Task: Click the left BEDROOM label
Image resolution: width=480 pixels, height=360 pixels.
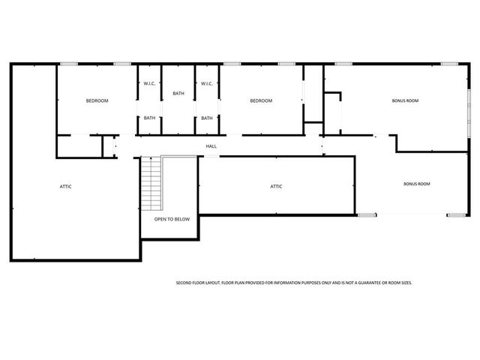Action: pos(97,100)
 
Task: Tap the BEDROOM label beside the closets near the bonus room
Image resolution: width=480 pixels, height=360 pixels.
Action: pos(260,100)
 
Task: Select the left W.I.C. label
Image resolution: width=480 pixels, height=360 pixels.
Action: pos(149,83)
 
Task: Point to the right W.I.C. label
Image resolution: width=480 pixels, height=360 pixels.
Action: pos(207,83)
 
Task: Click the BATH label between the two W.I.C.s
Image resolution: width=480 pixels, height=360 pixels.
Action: pos(178,94)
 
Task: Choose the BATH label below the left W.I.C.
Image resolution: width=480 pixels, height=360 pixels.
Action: pos(150,118)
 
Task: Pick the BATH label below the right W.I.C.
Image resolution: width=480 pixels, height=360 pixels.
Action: pos(207,118)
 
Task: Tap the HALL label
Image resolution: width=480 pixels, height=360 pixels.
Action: pos(212,146)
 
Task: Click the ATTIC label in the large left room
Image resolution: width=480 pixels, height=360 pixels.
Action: pos(66,186)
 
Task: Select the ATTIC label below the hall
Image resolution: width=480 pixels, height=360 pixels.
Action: pos(276,186)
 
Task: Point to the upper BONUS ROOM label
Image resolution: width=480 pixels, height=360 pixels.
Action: pos(405,100)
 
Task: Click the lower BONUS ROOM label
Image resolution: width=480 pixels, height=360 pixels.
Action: pos(417,184)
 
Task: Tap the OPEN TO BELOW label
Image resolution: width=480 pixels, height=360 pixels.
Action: pos(172,220)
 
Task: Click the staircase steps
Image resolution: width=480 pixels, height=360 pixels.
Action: pos(151,184)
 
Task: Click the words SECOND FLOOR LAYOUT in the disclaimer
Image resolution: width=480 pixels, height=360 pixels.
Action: pos(197,283)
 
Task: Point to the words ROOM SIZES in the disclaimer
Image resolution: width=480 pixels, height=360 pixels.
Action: pos(397,283)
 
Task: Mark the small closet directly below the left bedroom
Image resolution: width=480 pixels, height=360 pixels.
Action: pos(79,146)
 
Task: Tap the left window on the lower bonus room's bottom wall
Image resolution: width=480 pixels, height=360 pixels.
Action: pos(367,215)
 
